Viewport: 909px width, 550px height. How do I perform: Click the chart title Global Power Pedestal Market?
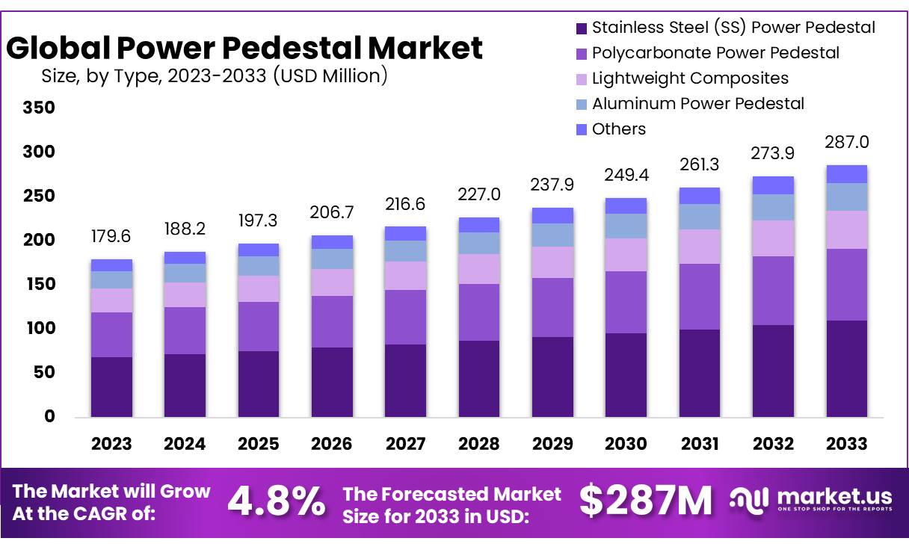pos(244,49)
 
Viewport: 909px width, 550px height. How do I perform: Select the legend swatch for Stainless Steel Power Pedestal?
pos(581,28)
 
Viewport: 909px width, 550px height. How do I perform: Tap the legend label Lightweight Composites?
pos(689,78)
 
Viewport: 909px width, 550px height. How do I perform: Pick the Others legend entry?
pos(618,129)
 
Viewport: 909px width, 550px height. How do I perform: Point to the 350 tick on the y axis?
pos(40,108)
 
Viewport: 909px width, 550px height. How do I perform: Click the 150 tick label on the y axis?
pos(40,284)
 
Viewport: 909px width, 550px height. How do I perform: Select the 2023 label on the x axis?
pos(111,444)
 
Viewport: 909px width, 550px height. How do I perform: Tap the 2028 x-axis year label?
pos(479,444)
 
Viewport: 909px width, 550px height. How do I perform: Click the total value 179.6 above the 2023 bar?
pos(111,236)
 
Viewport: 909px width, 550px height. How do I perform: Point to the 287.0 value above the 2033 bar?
pos(846,142)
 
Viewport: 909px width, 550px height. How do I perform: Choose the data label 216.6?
pos(405,203)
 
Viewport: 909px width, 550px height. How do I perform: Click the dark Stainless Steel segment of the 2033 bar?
pos(846,368)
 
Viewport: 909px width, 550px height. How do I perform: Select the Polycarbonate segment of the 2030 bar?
pos(626,302)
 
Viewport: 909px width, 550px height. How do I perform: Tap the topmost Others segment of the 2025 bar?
pos(259,250)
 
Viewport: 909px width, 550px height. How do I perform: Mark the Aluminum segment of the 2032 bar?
pos(773,207)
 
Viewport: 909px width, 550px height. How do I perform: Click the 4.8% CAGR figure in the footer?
pos(276,501)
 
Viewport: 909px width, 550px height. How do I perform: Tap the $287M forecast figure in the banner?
pos(646,501)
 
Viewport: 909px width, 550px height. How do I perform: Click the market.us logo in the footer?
pos(812,499)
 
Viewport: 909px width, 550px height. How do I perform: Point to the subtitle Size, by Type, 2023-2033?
pos(213,75)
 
